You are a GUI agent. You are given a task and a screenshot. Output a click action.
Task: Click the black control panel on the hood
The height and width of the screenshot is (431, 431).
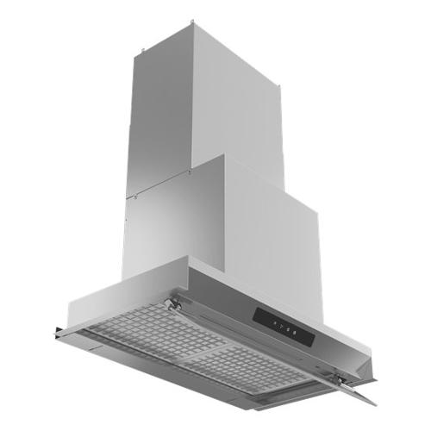280,324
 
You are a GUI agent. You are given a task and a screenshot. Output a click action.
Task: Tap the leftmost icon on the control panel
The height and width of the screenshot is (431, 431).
274,322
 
